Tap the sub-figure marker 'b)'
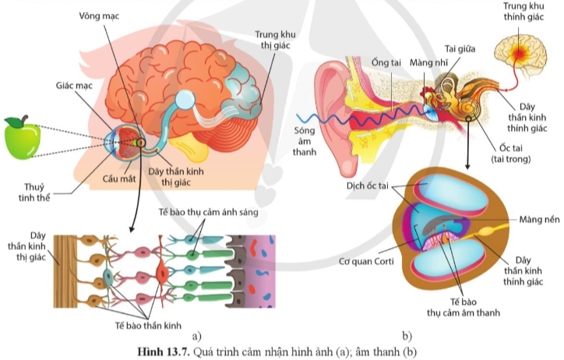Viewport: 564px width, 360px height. point(406,336)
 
